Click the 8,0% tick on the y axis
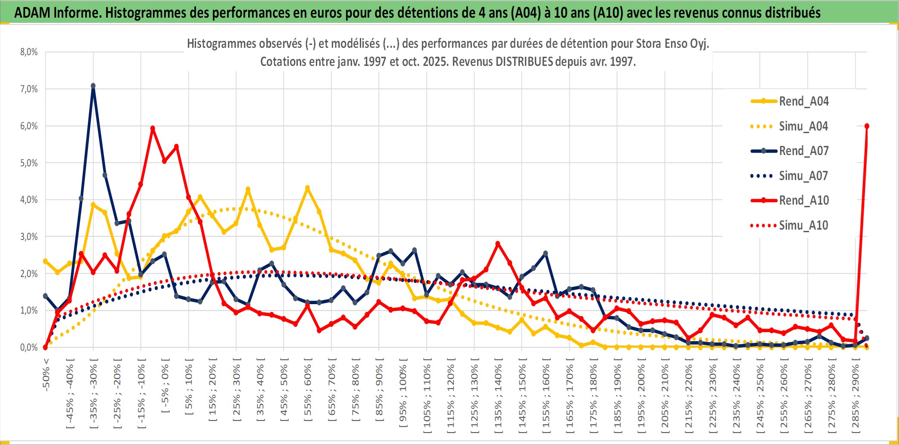click(x=29, y=52)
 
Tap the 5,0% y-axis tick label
click(x=29, y=163)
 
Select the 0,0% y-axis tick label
click(x=29, y=347)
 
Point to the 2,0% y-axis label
click(x=29, y=274)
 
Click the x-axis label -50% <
click(x=46, y=374)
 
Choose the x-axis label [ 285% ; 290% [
click(x=855, y=398)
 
